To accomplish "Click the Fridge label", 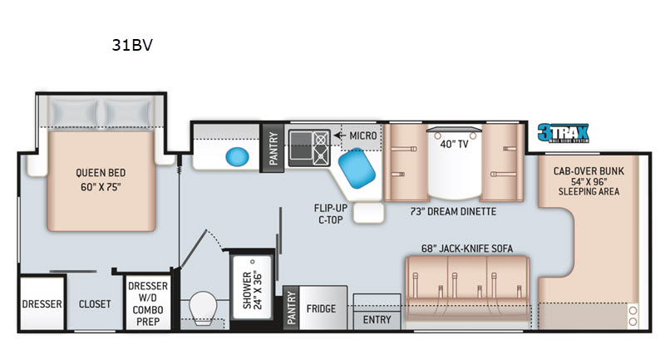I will pos(320,308).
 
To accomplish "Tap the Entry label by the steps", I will pos(377,319).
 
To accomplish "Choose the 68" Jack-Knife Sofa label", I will pos(467,247).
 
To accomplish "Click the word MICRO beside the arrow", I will pos(363,135).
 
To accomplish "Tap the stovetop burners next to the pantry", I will pos(308,147).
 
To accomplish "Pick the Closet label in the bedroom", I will pos(94,304).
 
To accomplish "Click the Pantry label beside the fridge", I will pos(290,308).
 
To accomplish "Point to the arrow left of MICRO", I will pos(339,135).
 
